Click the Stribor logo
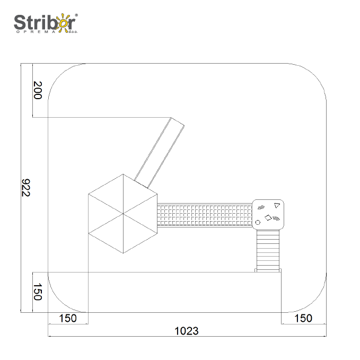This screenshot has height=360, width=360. tap(46, 23)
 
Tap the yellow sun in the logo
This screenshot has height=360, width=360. tap(63, 23)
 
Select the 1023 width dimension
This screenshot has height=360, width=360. tap(187, 331)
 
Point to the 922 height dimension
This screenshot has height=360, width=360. tap(25, 188)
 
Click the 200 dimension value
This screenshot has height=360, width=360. tap(38, 90)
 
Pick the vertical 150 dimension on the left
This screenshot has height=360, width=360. tap(38, 292)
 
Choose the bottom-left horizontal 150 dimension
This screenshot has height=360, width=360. tap(68, 318)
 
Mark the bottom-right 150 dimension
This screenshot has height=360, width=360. tap(303, 318)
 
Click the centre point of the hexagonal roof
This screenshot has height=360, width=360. tap(123, 214)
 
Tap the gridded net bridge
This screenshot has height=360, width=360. tap(205, 215)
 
